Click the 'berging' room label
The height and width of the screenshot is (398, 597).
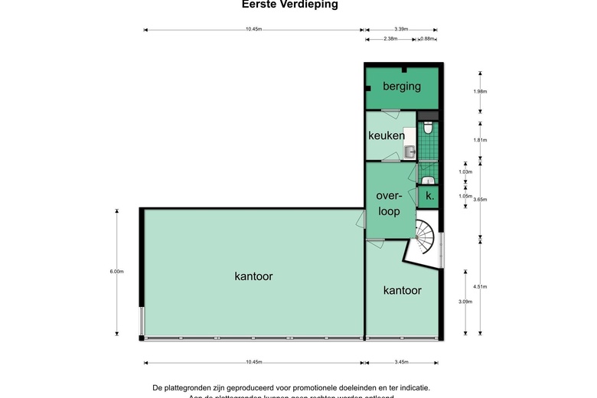click(402, 86)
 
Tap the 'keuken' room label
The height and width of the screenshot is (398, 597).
click(387, 136)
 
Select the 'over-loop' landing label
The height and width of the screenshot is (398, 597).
click(389, 204)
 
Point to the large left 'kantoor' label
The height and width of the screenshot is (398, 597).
click(253, 276)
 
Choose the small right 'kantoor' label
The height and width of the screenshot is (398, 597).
click(402, 291)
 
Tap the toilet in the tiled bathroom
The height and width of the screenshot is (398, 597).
click(427, 128)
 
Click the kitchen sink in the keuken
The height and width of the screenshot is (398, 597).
click(410, 152)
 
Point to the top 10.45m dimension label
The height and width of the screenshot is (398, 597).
click(253, 30)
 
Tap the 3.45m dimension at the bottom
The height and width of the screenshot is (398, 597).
click(402, 362)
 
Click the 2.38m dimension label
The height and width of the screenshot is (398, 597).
click(390, 39)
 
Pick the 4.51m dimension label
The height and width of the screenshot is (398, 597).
click(480, 287)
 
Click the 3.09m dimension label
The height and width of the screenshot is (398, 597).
click(465, 302)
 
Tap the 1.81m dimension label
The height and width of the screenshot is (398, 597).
click(480, 141)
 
